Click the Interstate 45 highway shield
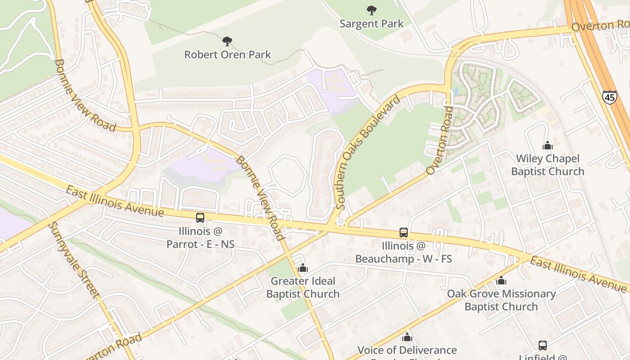point(610,97)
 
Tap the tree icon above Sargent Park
point(371,10)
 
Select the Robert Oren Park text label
point(228,55)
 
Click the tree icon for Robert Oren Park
point(227,41)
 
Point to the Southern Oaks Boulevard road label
point(368,153)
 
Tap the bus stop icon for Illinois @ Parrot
point(200,218)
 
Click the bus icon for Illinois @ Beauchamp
point(404,233)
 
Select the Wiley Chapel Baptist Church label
point(547,165)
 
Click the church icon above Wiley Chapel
point(547,145)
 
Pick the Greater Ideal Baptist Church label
point(303,288)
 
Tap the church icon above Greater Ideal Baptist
point(303,268)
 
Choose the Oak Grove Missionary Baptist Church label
point(501,300)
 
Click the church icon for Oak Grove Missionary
point(501,281)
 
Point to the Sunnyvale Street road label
point(74,260)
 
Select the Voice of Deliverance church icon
point(407,337)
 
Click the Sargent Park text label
point(371,24)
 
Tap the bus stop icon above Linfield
point(543,345)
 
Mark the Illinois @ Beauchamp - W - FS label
point(404,252)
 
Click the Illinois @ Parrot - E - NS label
point(200,238)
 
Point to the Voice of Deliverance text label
point(407,350)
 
